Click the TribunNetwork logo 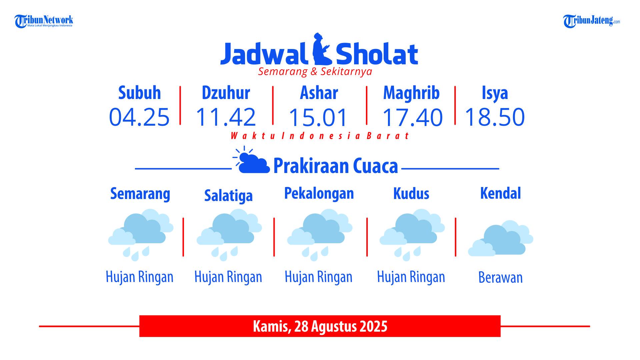44,21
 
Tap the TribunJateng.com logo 592,21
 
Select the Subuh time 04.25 139,117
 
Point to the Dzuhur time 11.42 226,117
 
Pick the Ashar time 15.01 318,117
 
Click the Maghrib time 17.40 412,117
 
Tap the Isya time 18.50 495,117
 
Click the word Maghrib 411,93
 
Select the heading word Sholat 377,53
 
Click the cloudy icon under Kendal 501,238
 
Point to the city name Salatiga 228,195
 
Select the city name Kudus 411,193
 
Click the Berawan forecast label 500,277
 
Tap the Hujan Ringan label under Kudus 411,277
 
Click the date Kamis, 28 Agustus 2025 320,326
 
